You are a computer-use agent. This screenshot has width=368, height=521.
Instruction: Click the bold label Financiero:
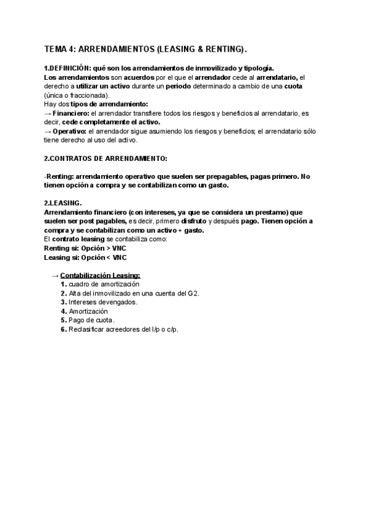tap(71, 114)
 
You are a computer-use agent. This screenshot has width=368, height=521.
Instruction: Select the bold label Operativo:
tap(70, 131)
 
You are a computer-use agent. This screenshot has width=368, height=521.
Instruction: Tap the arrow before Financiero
tap(48, 114)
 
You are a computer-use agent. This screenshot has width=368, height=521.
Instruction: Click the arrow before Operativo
tap(48, 131)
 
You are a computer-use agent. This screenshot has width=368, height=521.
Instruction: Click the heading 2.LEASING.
tap(63, 203)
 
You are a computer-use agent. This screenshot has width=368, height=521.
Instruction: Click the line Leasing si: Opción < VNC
tap(81, 257)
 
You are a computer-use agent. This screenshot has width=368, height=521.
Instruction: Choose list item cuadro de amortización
tap(104, 284)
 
